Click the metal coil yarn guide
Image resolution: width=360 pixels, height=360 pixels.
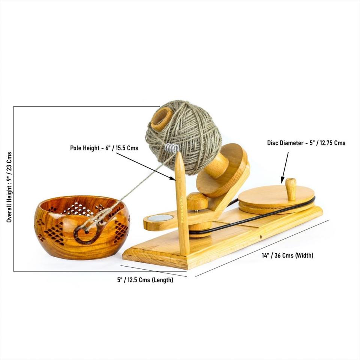tap(172, 148)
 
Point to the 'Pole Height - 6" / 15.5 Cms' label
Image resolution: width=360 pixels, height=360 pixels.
tap(104, 148)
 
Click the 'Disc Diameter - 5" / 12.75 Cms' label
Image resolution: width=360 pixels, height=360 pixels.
tap(306, 143)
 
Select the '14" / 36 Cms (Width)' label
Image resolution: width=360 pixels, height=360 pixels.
tap(287, 256)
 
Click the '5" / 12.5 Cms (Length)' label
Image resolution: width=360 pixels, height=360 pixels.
tap(145, 280)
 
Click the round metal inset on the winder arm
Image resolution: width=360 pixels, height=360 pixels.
tap(159, 217)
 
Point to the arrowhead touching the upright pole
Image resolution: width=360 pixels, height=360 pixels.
tap(173, 178)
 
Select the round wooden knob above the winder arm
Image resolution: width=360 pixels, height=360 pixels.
tap(197, 201)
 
